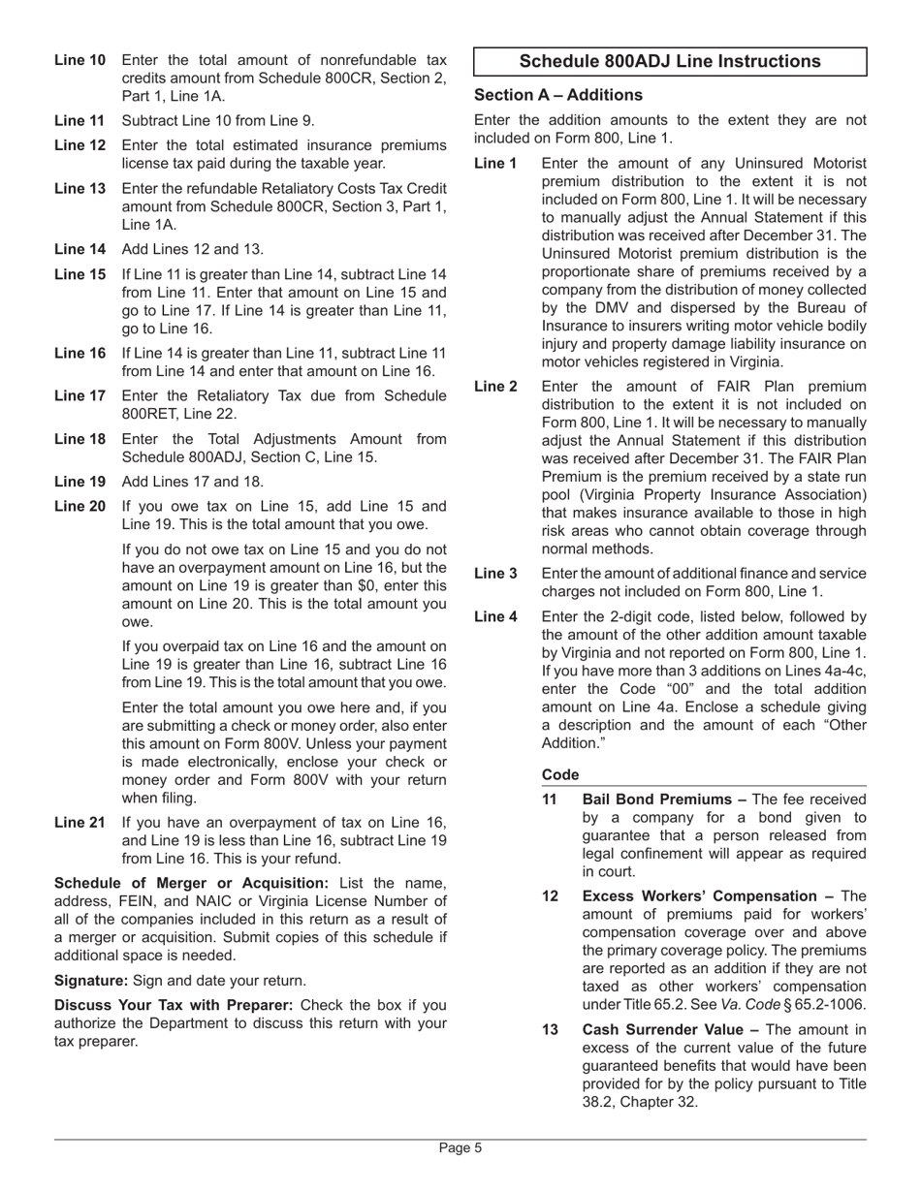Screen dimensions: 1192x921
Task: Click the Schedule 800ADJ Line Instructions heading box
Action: pos(669,62)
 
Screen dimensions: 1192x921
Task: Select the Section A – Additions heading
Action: pos(557,95)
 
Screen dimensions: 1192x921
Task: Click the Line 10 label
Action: pos(79,60)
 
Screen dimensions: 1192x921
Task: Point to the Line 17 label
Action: pos(79,395)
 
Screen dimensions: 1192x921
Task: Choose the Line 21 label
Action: pos(79,823)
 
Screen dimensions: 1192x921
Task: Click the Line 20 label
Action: pos(79,506)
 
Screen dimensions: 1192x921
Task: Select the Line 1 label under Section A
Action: pos(495,163)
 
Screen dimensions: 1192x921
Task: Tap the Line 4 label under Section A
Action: pos(495,616)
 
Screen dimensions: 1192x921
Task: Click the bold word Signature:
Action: pos(91,980)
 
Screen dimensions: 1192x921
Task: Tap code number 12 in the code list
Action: pos(550,896)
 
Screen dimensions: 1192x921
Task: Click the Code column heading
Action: pos(560,774)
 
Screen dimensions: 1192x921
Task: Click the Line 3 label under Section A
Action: pos(495,574)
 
